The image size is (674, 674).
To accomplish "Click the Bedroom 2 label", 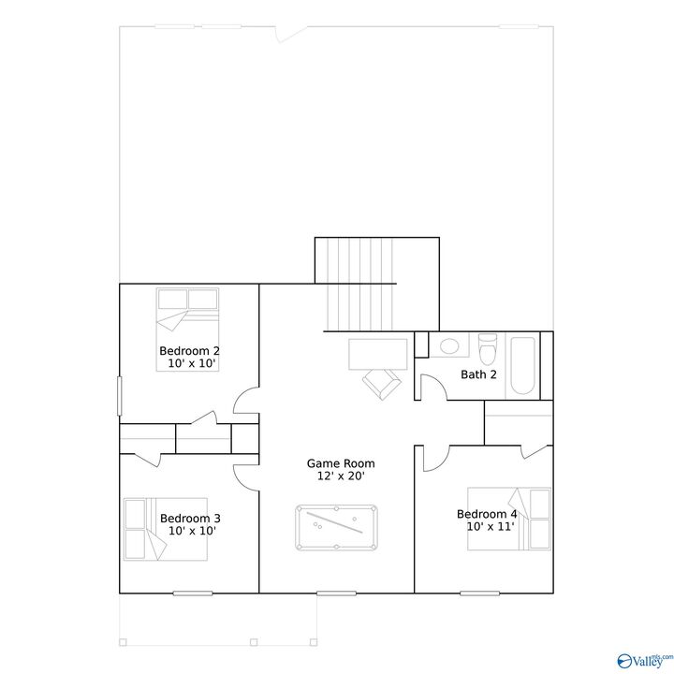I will coord(189,351).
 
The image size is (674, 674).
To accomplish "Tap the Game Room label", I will coord(341,463).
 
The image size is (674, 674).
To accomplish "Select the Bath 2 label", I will coord(478,374).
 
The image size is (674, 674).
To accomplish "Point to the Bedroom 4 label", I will coord(486,514).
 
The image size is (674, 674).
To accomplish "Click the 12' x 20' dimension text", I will coord(341,476).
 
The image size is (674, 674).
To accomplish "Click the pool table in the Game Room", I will coord(337,528).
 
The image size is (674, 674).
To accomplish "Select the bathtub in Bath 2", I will coord(522,364).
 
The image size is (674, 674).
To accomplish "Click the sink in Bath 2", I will coord(449,345).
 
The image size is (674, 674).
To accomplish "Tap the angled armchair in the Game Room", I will coord(381,383).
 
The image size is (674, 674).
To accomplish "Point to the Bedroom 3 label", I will coord(190,518).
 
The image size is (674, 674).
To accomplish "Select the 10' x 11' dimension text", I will coord(491,527).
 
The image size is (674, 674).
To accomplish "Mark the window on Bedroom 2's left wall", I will coord(119,395).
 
